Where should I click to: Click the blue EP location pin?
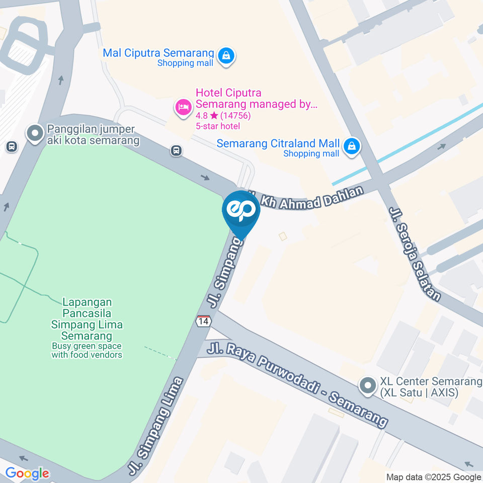[x=241, y=211]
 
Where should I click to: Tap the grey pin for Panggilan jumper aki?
[x=35, y=134]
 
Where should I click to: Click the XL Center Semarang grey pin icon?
[x=368, y=386]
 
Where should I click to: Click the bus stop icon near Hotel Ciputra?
[x=176, y=150]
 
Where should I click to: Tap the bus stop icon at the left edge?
[x=11, y=147]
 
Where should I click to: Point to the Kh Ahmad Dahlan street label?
[x=312, y=198]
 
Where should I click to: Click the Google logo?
[x=27, y=473]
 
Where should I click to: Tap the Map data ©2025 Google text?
[x=434, y=477]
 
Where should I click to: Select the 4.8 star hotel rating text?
[x=223, y=116]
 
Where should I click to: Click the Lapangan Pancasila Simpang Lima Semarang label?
[x=87, y=319]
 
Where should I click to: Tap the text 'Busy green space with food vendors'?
[x=87, y=350]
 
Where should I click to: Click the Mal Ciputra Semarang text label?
[x=158, y=53]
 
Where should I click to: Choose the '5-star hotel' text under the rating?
[x=218, y=126]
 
